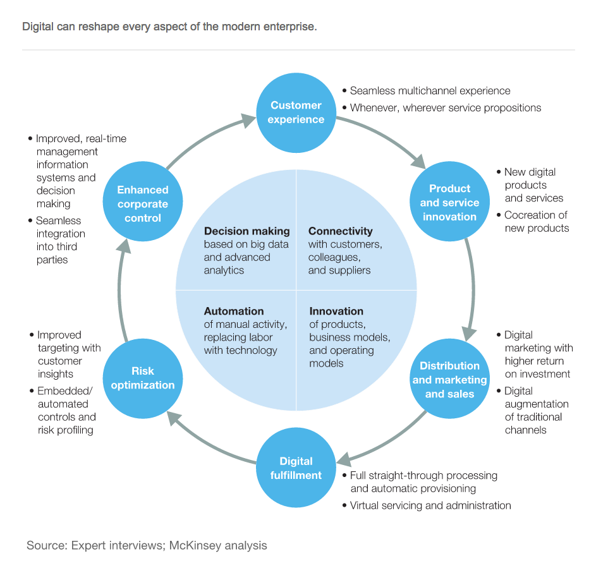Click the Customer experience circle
tap(296, 112)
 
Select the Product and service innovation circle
tap(449, 202)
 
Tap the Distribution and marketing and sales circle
tap(449, 379)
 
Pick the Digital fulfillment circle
tap(296, 468)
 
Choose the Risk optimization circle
tap(143, 378)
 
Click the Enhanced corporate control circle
tap(143, 203)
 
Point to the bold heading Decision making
tap(246, 231)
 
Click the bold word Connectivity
tap(340, 231)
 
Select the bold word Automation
tap(234, 311)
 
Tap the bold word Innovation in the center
tap(336, 311)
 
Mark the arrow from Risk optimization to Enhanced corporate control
tap(121, 291)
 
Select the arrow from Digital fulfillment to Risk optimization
tap(209, 442)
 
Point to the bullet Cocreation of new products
tap(536, 222)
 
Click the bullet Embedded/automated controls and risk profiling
tap(66, 411)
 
